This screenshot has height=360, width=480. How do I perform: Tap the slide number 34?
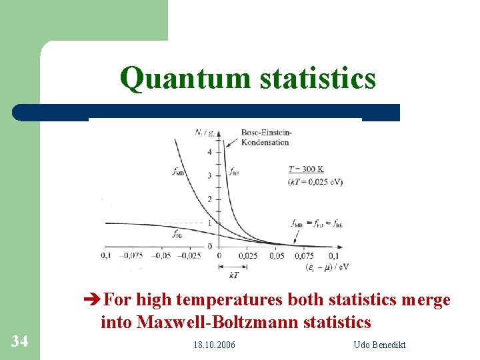(20, 341)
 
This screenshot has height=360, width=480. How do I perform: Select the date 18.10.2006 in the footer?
(214, 345)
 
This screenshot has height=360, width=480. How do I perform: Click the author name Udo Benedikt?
(380, 345)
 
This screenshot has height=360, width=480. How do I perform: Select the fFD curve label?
(177, 235)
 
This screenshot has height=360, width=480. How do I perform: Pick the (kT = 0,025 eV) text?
(314, 182)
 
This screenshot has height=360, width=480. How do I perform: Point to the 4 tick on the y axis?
(209, 152)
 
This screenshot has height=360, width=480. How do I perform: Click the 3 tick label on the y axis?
(209, 175)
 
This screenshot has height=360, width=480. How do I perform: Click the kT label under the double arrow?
(233, 274)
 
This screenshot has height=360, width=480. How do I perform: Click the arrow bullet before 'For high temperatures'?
(95, 301)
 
